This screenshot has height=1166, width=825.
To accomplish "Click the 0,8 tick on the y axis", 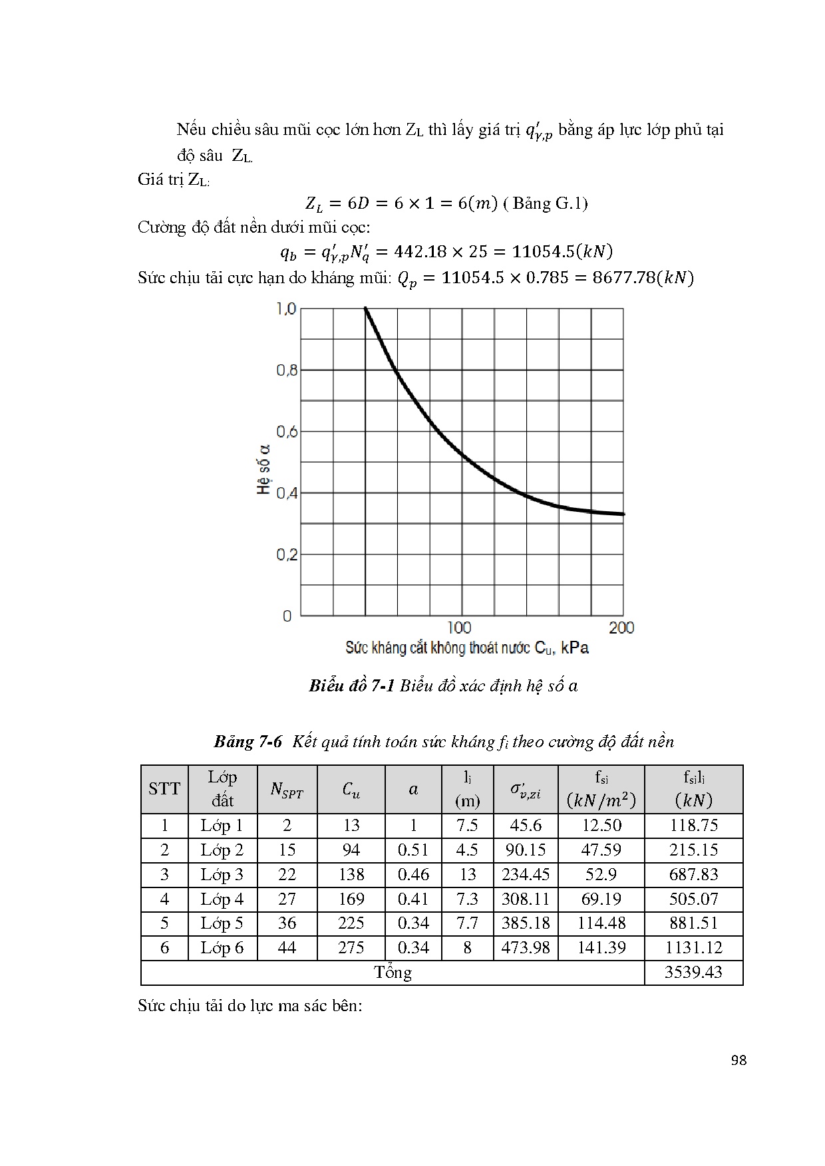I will (x=287, y=370).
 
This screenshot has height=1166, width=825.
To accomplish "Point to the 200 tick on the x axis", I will (x=621, y=628).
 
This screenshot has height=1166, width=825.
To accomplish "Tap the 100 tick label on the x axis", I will (x=459, y=628).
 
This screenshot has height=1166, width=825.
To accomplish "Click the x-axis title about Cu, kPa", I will (x=466, y=648).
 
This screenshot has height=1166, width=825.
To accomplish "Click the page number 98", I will (x=739, y=1060).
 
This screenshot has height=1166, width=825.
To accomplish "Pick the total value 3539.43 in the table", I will (x=693, y=973).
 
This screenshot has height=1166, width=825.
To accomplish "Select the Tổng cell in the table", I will (x=393, y=973).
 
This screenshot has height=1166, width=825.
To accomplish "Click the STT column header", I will (x=164, y=789).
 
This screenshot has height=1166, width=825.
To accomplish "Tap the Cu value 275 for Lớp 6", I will (x=351, y=948).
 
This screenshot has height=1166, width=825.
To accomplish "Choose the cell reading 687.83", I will (x=693, y=875).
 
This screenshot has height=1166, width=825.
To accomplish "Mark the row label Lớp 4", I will (x=222, y=899).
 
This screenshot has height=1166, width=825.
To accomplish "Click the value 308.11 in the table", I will (x=526, y=899).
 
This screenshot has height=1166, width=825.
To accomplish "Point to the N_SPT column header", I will (x=287, y=790).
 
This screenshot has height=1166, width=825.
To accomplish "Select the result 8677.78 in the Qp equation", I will (x=623, y=277).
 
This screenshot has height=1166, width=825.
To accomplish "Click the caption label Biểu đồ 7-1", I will (x=352, y=686).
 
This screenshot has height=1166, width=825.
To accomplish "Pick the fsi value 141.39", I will (x=601, y=948).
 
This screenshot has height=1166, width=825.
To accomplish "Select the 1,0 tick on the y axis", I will (x=287, y=309).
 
